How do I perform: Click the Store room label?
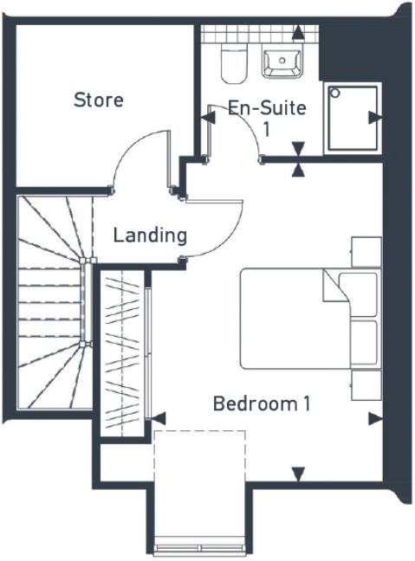tap(98, 100)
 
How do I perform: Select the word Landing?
tap(150, 235)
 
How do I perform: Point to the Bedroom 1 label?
tap(262, 403)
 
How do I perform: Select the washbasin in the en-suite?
tap(284, 61)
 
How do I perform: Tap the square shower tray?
tap(352, 119)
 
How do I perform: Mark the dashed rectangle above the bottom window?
tap(200, 485)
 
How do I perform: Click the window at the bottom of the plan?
tap(200, 548)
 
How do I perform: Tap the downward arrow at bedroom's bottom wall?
tap(299, 474)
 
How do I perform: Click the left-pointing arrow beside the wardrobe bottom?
tap(158, 418)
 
